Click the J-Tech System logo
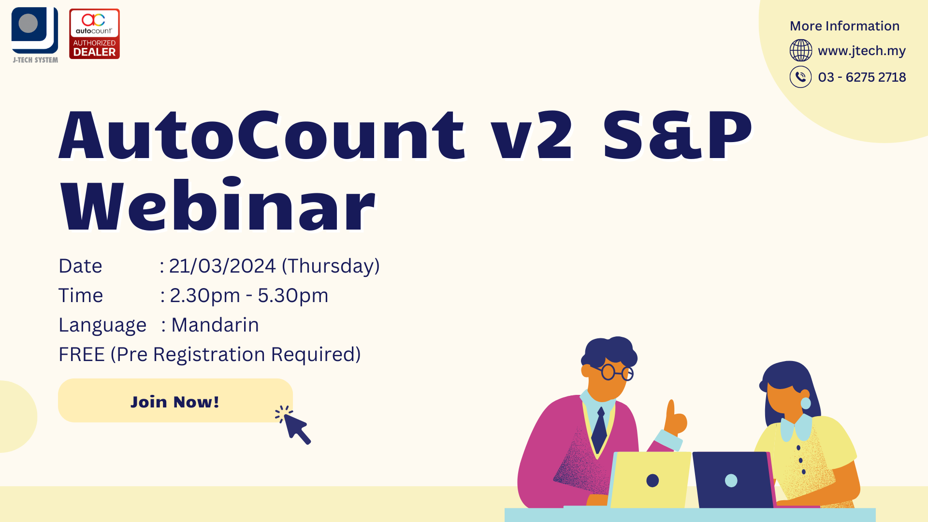coord(35,35)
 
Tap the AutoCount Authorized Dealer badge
coord(94,34)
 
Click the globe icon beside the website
coord(800,50)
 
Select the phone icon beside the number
coord(800,77)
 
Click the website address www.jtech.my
coord(862,51)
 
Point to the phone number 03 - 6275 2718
coord(862,77)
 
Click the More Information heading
coord(844,26)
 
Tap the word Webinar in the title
coord(217,205)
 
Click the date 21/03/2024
coord(222,266)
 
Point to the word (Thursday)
coord(331,266)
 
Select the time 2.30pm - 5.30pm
coord(249,296)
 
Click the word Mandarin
coord(215,325)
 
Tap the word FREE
coord(82,355)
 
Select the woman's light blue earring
coord(806,403)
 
